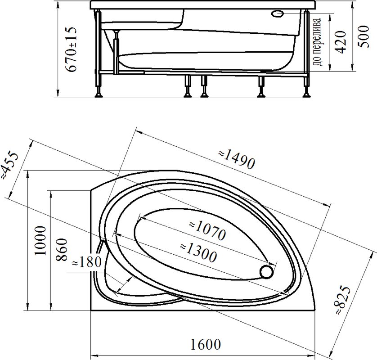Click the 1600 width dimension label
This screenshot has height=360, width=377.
pyautogui.click(x=205, y=344)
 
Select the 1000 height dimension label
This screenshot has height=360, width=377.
pyautogui.click(x=40, y=241)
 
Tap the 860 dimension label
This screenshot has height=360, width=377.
pyautogui.click(x=62, y=250)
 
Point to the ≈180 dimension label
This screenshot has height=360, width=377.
pyautogui.click(x=87, y=262)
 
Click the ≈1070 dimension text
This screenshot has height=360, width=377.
pyautogui.click(x=207, y=230)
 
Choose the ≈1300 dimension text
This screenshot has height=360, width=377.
pyautogui.click(x=198, y=252)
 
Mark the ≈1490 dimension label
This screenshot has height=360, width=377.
pyautogui.click(x=237, y=159)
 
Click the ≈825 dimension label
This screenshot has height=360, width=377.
pyautogui.click(x=343, y=300)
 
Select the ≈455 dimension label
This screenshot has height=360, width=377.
pyautogui.click(x=9, y=166)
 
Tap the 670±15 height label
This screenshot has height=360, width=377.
pyautogui.click(x=72, y=49)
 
